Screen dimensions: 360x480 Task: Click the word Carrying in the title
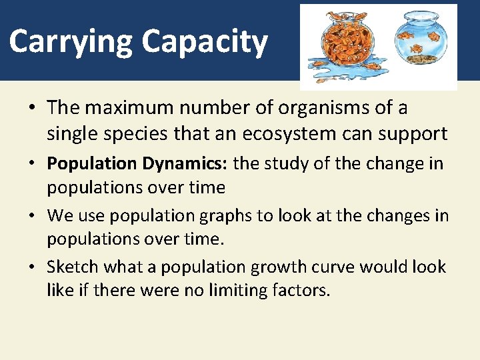click(x=71, y=41)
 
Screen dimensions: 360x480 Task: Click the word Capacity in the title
click(x=204, y=41)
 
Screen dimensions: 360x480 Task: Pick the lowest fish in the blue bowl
click(x=416, y=48)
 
